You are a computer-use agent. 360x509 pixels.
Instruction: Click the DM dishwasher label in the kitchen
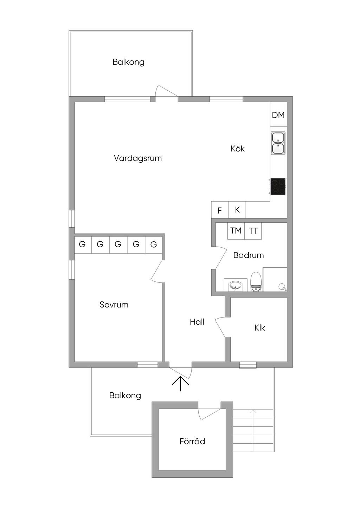coord(278,115)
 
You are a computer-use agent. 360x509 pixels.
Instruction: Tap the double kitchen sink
coord(278,143)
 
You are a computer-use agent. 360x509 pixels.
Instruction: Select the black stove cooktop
coord(277,186)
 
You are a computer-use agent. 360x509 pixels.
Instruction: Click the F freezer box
coord(220,210)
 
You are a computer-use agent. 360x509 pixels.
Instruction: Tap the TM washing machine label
coord(236,231)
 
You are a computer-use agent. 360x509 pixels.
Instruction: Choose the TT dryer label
coord(253,231)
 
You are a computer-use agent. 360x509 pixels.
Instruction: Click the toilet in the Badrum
coord(256,282)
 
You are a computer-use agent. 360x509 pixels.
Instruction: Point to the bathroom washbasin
coord(236,285)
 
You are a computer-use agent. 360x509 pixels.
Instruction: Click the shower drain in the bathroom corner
coord(282,287)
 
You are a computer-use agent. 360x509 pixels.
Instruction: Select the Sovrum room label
coord(114,305)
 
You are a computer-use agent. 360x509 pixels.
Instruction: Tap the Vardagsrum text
coord(138,158)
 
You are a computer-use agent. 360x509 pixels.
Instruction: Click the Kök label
coord(238,149)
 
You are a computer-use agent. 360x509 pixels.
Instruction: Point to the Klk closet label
coord(260,328)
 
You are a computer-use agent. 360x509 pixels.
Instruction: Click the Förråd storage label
coord(192,441)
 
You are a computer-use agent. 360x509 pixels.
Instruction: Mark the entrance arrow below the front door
coord(180,384)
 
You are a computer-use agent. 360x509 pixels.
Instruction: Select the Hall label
coord(197,322)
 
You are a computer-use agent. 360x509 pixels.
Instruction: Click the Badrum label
coord(249,255)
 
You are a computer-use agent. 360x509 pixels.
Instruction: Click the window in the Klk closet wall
coord(247,365)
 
